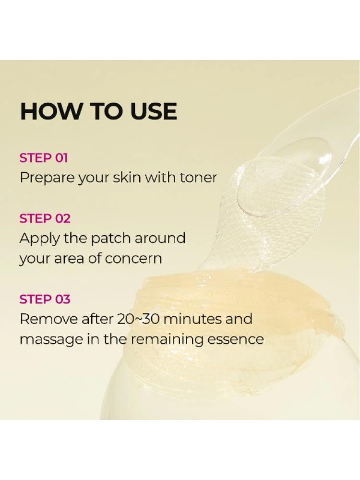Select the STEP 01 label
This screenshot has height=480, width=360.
point(44,158)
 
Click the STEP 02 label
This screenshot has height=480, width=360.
point(45,218)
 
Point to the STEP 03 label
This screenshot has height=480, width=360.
point(45,299)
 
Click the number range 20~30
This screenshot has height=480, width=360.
point(139,319)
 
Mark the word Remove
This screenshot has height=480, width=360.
point(48,319)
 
